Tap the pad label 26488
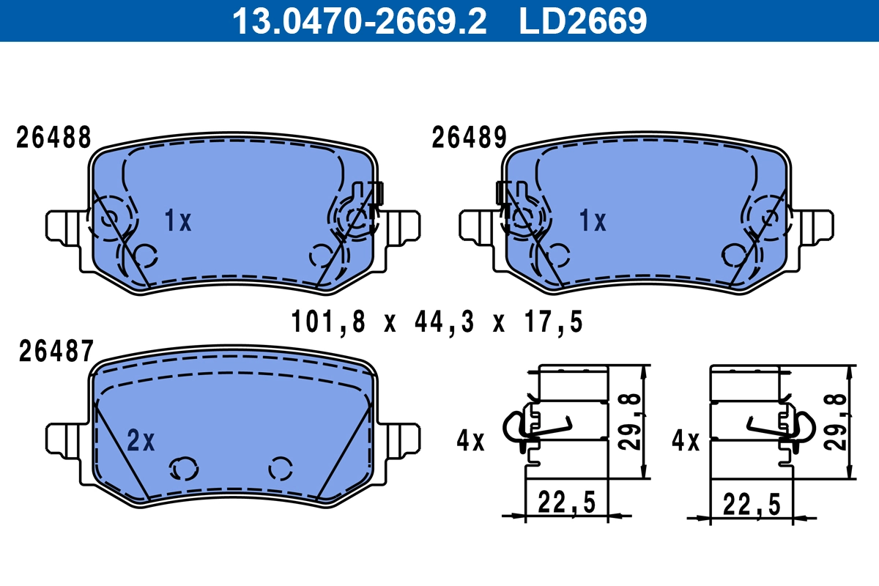coord(54,137)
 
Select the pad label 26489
coord(469,137)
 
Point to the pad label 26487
coord(54,352)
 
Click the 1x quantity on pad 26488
coord(177,220)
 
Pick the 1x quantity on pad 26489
coord(592,220)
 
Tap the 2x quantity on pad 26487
coord(141,440)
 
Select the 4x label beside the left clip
coord(470,440)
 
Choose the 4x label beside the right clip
coord(686,440)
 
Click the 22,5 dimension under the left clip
coord(566,502)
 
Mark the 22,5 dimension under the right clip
coord(751,502)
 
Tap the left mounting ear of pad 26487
coord(64,439)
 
